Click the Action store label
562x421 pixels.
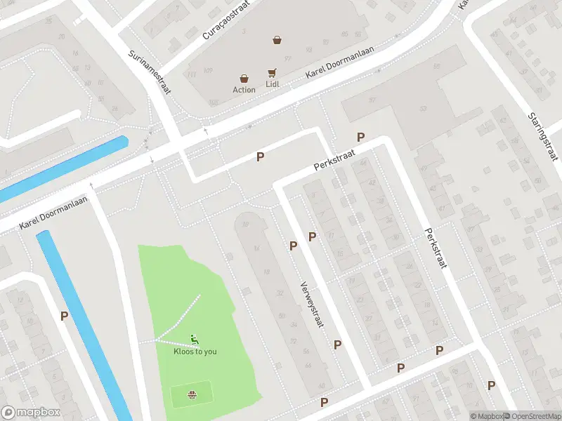point(244,90)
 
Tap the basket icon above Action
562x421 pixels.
point(244,79)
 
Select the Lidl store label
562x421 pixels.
point(273,84)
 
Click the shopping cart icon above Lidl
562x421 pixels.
point(272,73)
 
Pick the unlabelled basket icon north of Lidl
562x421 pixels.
point(277,40)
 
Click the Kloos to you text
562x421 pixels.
point(195,352)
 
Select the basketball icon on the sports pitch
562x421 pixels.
point(191,394)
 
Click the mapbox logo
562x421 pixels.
point(31,413)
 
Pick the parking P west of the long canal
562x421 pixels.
point(64,316)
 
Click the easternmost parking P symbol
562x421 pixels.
point(491,385)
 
